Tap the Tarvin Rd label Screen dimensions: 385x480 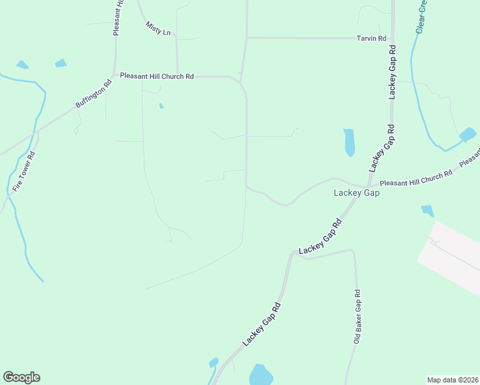372,38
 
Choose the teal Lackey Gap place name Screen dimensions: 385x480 357,193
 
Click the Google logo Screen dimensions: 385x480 21,377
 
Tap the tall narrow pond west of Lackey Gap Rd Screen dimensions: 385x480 349,142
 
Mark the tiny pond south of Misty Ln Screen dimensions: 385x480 161,106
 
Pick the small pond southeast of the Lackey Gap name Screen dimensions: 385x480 427,210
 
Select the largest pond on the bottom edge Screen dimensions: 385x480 261,375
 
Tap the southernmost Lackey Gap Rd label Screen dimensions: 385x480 263,324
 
